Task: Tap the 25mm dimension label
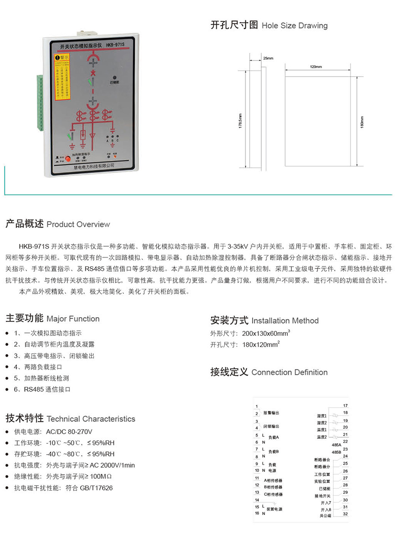(x=268, y=58)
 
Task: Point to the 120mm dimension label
(x=316, y=67)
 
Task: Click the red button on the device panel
(x=68, y=158)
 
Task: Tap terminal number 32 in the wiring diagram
(x=345, y=514)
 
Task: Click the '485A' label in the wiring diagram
(x=336, y=445)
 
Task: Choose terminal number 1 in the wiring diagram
(x=257, y=406)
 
